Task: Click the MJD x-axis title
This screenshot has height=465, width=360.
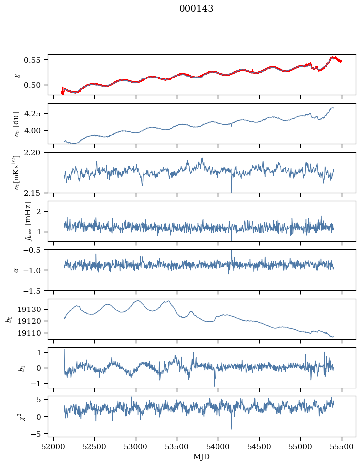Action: [201, 457]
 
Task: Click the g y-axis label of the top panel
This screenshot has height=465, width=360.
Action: [18, 75]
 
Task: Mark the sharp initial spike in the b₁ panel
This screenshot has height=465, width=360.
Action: [64, 350]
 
